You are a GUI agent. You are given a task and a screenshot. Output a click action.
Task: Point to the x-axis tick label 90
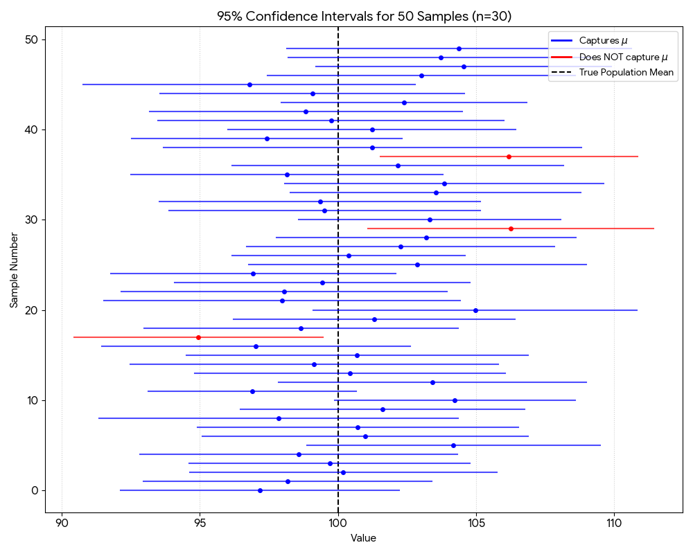[62, 522]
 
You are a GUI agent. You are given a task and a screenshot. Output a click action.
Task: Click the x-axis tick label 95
[200, 522]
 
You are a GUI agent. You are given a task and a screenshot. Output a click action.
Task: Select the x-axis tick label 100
[338, 522]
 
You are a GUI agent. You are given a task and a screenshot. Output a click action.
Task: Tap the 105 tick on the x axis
[476, 522]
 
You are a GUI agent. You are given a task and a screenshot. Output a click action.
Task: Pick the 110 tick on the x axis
[614, 522]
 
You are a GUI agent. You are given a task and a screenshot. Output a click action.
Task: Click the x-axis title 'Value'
[363, 538]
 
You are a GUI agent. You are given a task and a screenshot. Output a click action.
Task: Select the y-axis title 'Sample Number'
[14, 269]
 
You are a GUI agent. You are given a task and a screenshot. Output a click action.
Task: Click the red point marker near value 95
[198, 337]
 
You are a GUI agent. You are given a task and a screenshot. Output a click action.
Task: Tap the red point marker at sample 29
[511, 229]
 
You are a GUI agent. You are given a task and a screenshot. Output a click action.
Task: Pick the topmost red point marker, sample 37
[509, 157]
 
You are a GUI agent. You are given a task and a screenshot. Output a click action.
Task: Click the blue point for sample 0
[260, 490]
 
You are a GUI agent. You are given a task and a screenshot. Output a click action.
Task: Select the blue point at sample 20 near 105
[475, 310]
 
